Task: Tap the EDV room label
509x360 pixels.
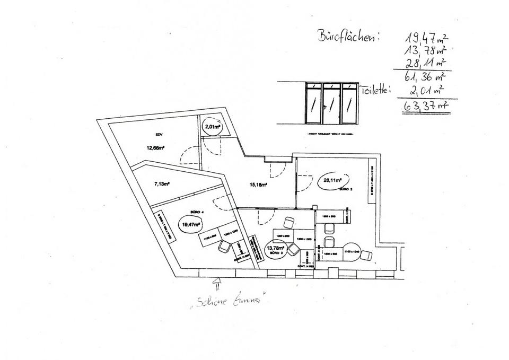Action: pos(159,135)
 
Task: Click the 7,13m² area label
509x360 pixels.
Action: pos(162,184)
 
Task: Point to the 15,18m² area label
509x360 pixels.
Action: pos(258,185)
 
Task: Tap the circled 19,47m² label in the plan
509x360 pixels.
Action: pos(190,224)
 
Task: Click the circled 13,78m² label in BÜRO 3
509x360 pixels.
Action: pos(276,248)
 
